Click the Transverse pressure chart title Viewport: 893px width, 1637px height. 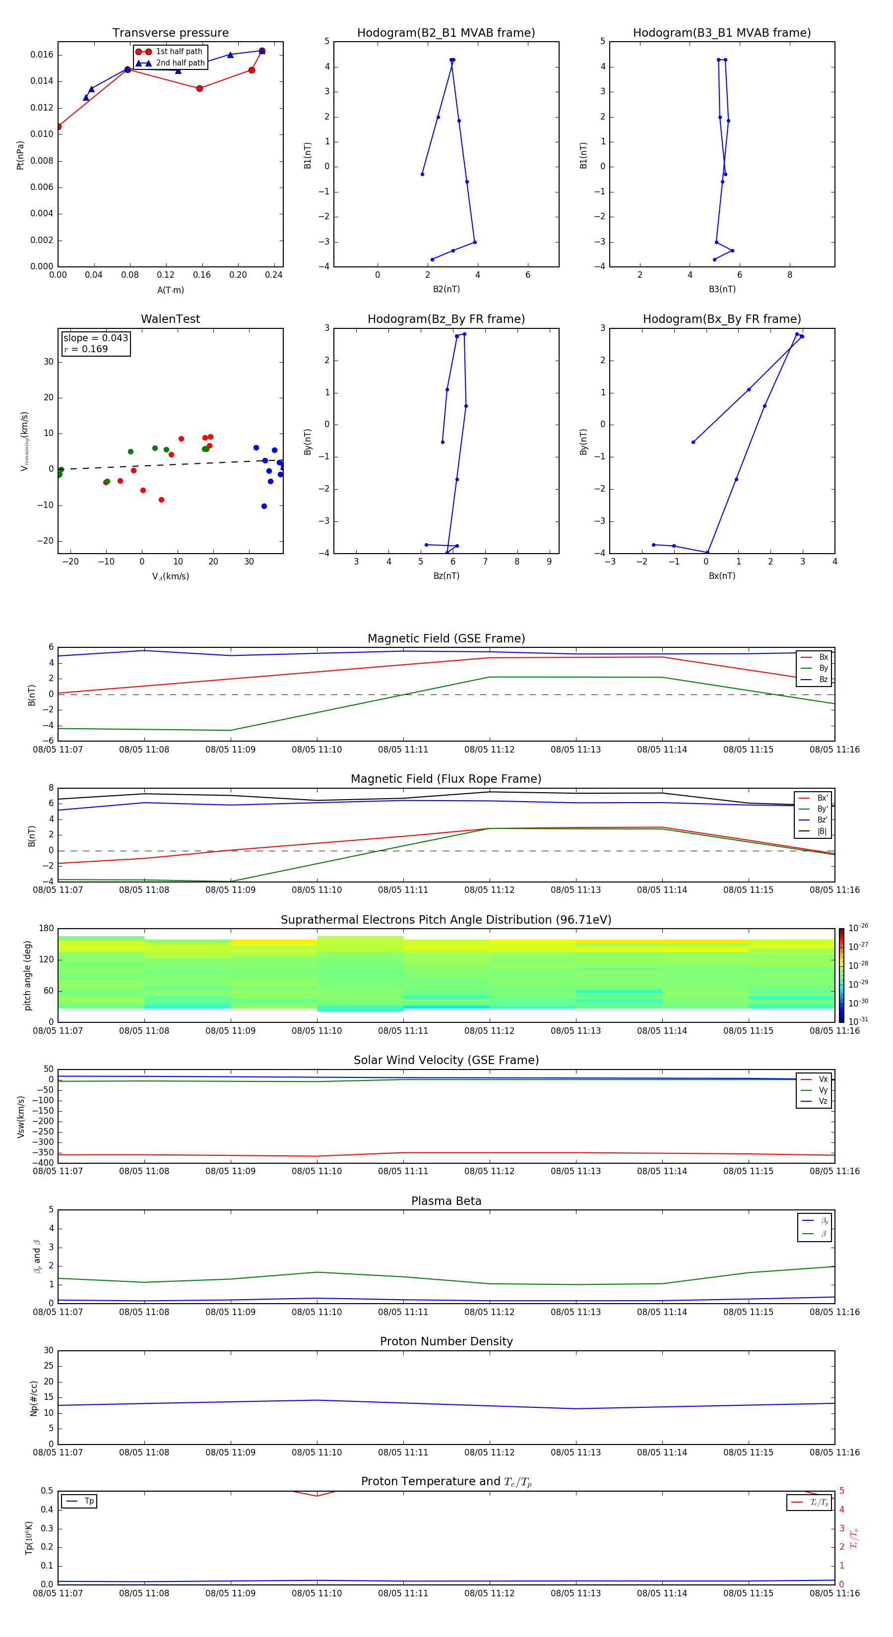pos(170,33)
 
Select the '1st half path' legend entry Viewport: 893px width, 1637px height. pos(179,52)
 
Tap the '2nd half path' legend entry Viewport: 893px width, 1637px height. pos(180,63)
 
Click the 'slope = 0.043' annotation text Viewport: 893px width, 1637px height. pos(95,338)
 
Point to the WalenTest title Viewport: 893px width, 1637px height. pos(170,319)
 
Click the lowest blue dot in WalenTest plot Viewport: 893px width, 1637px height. pos(264,506)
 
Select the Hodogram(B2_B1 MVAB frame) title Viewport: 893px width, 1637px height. pos(446,33)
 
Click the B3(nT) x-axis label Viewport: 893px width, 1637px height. pos(722,289)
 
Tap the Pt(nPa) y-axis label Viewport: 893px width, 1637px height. pos(20,155)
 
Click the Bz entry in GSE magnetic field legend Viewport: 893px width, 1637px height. pos(823,679)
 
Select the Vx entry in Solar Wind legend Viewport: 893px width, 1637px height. pos(823,1079)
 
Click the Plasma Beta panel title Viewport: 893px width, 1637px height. pos(446,1201)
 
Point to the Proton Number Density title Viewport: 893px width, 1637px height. pos(446,1341)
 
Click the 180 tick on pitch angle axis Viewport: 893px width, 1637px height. pos(47,929)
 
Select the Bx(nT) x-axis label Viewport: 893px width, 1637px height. pos(722,576)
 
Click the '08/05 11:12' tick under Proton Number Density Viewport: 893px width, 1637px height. pos(489,1452)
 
